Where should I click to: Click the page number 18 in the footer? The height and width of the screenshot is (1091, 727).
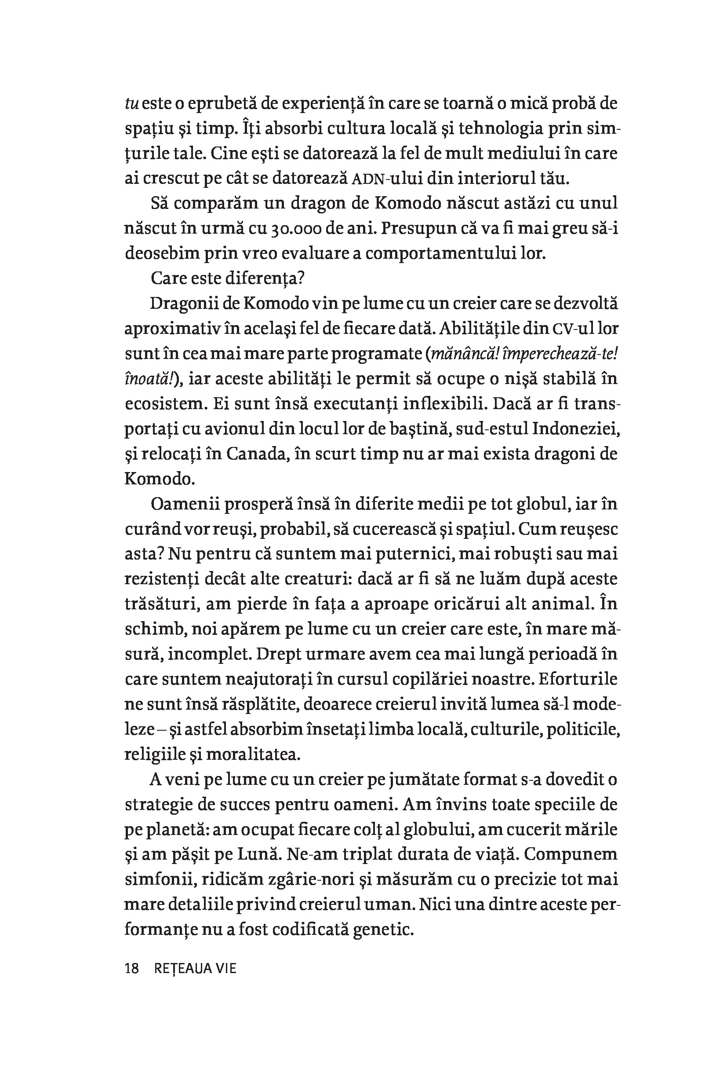pos(132,969)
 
